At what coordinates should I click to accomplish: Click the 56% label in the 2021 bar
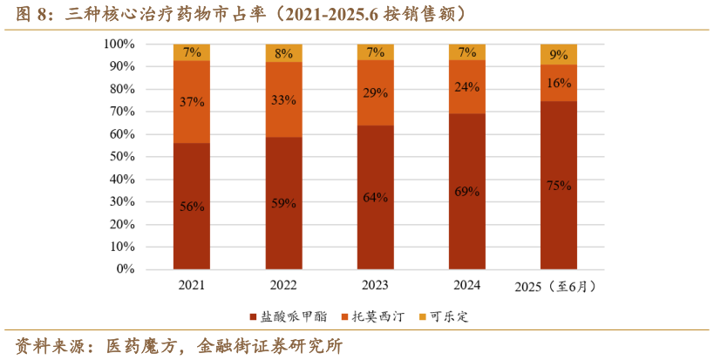(x=192, y=207)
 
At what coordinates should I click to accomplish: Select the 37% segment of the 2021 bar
(x=192, y=102)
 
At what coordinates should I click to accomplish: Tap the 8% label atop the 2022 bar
(x=284, y=53)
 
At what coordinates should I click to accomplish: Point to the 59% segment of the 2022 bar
(x=284, y=203)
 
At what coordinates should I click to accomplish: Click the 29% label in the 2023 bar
(x=376, y=92)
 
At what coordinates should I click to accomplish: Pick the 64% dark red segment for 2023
(x=376, y=197)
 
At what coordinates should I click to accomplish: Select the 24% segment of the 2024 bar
(x=467, y=87)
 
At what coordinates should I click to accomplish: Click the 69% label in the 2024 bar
(x=467, y=191)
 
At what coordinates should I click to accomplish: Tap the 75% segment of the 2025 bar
(x=559, y=185)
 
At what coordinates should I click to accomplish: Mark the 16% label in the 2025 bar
(x=559, y=83)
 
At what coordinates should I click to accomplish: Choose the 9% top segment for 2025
(x=559, y=54)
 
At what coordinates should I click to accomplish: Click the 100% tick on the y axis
(x=118, y=44)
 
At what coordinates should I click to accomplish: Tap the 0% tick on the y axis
(x=124, y=269)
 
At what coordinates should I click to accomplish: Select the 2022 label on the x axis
(x=284, y=285)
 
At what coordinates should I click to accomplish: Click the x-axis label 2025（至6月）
(x=559, y=287)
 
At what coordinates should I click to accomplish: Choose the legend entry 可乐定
(x=447, y=316)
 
